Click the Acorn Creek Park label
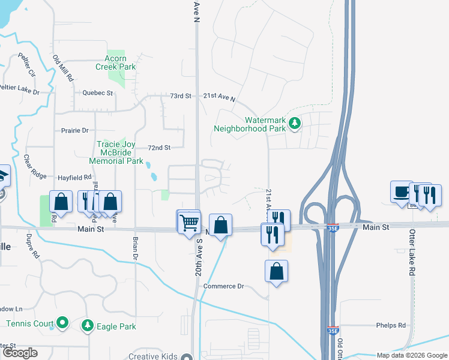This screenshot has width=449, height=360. point(116,62)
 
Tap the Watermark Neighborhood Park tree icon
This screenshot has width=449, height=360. point(294,124)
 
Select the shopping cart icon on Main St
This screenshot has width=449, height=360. point(189,222)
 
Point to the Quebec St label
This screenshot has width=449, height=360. point(98,93)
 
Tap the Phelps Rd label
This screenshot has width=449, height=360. point(391,325)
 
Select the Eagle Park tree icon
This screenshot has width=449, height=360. point(88,325)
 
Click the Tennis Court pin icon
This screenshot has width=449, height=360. point(61,323)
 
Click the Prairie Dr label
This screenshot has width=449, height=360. point(74,130)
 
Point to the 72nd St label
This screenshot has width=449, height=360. point(159,148)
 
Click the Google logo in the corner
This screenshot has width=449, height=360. point(20,353)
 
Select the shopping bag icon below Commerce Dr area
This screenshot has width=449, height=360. point(276,271)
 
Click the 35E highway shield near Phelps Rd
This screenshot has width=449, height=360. point(333,330)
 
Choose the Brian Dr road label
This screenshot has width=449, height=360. point(135,248)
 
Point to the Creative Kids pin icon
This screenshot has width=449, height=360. point(187,356)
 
